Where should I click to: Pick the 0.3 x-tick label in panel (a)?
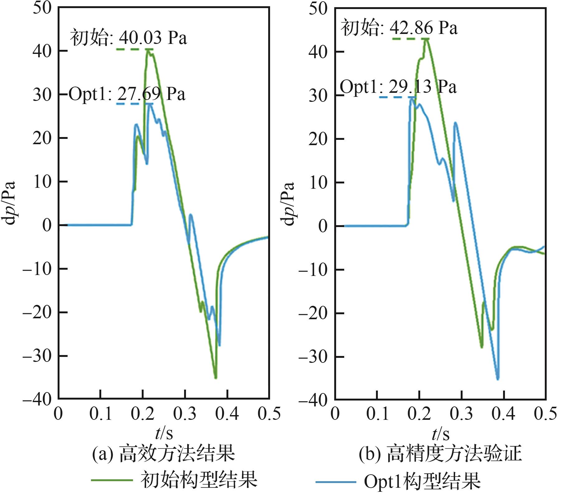(185, 414)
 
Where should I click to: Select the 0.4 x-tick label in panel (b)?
(503, 414)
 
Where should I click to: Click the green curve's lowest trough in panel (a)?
(216, 377)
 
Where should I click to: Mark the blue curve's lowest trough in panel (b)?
(498, 379)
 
